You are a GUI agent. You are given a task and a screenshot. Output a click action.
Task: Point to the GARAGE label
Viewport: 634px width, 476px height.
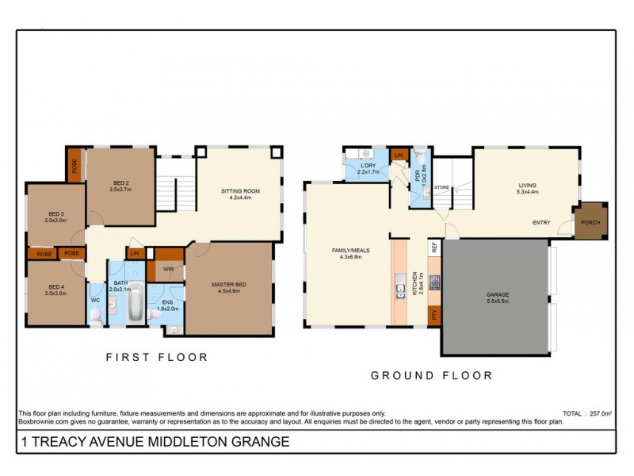[497, 295]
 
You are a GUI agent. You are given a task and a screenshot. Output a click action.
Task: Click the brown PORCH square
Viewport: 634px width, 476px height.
[590, 222]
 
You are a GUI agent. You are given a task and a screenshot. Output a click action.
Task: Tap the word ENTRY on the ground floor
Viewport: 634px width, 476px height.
[541, 222]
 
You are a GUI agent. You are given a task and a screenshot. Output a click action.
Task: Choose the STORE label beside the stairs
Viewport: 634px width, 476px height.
[441, 188]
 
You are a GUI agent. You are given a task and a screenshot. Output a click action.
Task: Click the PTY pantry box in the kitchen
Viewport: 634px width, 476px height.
[434, 316]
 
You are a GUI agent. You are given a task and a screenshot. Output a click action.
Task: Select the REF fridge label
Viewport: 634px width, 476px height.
[434, 248]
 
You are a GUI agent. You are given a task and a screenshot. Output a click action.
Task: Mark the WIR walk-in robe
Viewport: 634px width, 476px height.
[168, 269]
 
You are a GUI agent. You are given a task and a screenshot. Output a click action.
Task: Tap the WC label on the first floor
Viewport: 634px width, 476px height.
[94, 300]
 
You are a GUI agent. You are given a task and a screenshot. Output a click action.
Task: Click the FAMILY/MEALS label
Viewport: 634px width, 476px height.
[349, 250]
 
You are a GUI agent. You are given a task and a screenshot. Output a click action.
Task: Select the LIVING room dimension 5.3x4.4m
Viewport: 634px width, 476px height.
[527, 191]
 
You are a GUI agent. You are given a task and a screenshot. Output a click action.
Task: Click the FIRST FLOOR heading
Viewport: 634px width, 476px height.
[157, 358]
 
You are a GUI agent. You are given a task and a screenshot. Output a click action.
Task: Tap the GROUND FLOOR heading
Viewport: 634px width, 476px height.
[431, 375]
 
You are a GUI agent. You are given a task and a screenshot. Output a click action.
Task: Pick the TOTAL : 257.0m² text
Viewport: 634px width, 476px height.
[586, 413]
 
